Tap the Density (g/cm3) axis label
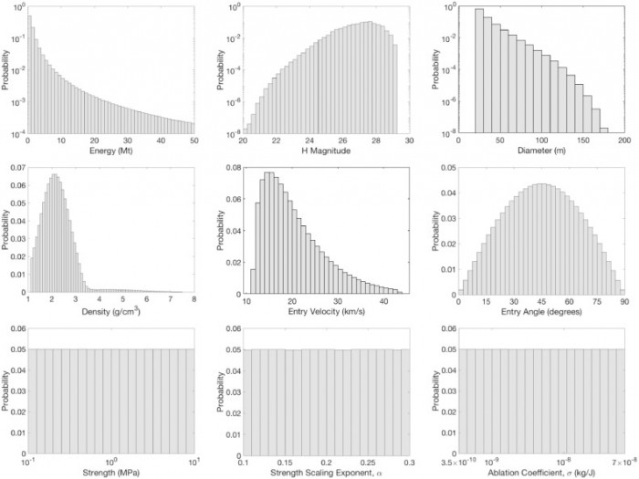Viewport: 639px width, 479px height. click(x=111, y=308)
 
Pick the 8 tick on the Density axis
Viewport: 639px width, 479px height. click(x=194, y=299)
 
